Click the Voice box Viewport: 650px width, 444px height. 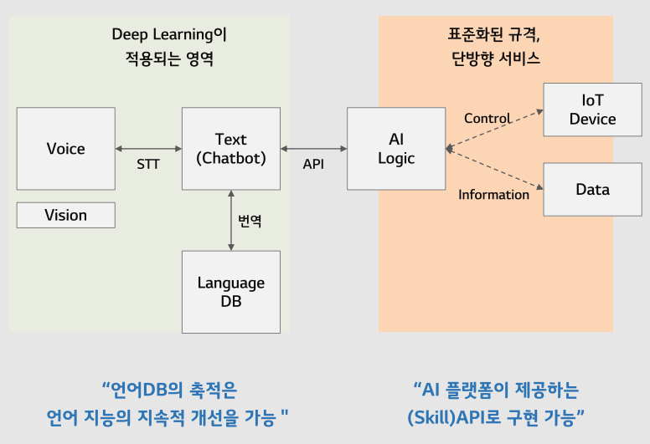coord(65,149)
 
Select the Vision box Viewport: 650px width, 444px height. coord(65,215)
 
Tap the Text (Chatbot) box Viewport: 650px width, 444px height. coord(230,149)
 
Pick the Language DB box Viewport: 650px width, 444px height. coord(230,292)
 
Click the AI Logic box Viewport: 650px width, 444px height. coord(396,149)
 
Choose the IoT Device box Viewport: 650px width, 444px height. coord(592,110)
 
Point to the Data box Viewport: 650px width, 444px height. coord(592,190)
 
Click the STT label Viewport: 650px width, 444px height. coord(148,164)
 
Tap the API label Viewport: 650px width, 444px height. coord(313,164)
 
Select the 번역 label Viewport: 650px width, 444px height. coord(250,221)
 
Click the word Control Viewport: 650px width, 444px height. coord(487,119)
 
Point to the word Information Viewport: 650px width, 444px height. coord(493,195)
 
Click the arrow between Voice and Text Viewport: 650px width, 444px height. coord(148,149)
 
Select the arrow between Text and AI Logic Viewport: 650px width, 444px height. coord(313,149)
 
